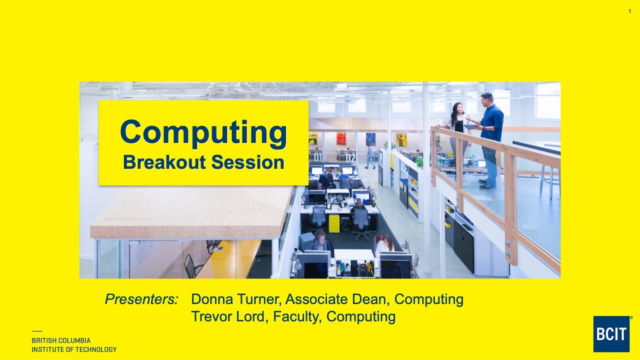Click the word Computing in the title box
coord(203,132)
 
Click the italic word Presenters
coord(141,299)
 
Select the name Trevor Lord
coord(229,316)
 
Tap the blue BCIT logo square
coord(611,333)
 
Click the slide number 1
coord(629,11)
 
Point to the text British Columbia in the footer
coord(61,340)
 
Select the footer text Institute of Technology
coord(74,349)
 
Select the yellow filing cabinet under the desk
coord(333,223)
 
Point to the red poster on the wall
coord(341,138)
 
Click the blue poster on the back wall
coord(370,139)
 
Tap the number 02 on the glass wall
coord(350,158)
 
